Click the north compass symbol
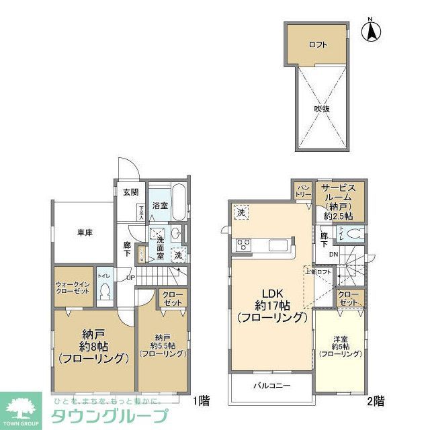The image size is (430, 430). click(373, 32)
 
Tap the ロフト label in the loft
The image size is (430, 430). click(318, 45)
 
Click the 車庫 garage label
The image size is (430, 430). click(84, 232)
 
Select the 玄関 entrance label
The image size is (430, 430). click(130, 192)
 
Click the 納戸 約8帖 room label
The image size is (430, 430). click(93, 345)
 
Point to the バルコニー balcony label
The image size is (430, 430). click(271, 386)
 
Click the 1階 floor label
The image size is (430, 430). click(201, 402)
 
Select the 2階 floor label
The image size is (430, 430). click(376, 402)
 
